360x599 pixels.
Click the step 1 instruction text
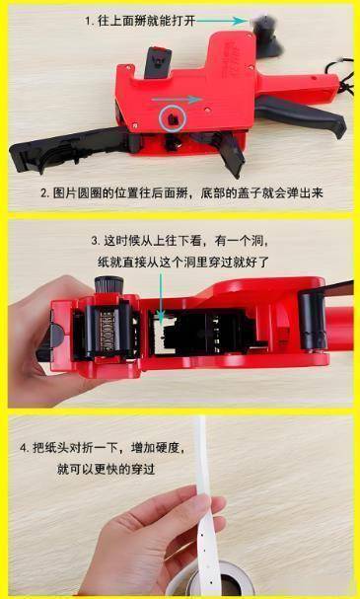(x=140, y=21)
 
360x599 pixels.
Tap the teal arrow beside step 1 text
(x=222, y=21)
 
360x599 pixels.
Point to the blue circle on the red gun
(x=173, y=118)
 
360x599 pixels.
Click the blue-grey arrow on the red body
(x=177, y=100)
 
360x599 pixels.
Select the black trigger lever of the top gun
(x=301, y=114)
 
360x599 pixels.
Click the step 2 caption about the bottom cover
(x=181, y=193)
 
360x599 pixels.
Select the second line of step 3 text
(x=183, y=262)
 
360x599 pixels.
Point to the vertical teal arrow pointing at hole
(x=161, y=295)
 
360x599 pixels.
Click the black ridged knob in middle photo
(x=108, y=285)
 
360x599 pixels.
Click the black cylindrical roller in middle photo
(x=313, y=320)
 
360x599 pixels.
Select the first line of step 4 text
(x=103, y=447)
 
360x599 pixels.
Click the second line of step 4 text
(x=107, y=469)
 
